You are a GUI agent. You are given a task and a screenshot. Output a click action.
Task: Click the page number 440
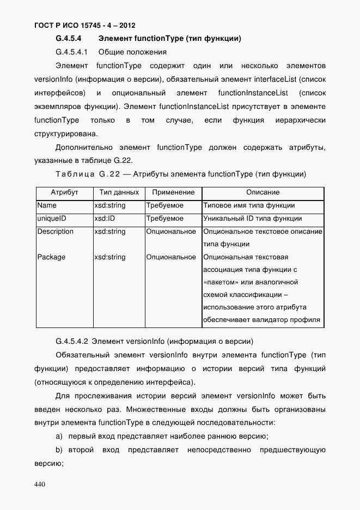coord(39,484)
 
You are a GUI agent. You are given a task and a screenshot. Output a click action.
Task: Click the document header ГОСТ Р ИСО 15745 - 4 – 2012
coord(84,26)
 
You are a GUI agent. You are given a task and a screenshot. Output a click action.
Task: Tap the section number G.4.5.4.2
coord(72,342)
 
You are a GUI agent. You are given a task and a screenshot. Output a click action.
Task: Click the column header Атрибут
coord(64,193)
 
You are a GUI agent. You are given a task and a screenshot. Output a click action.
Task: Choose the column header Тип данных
coord(119,193)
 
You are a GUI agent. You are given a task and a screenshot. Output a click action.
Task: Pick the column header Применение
coord(173,193)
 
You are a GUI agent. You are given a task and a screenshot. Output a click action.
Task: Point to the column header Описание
coord(263,193)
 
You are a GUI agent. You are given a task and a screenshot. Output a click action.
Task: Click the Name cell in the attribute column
coord(47,206)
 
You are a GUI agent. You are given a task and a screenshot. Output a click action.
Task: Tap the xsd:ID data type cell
coord(104,218)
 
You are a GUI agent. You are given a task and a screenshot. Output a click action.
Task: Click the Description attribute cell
coord(55,232)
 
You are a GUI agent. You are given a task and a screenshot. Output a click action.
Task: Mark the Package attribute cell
coord(51,257)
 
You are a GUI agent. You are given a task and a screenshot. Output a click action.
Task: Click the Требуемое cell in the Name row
coord(165,206)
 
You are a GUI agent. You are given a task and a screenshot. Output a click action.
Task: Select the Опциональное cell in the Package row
coord(171,257)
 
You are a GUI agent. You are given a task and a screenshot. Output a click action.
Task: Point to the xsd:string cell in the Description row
coord(109,232)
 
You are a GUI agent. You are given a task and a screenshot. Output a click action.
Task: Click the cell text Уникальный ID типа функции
coord(252,218)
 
